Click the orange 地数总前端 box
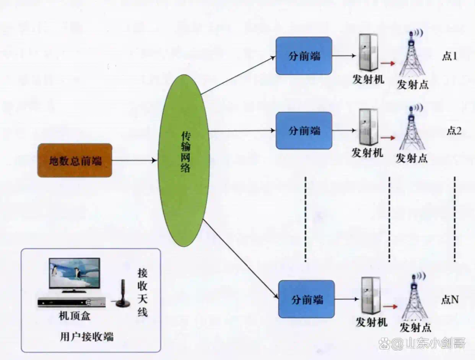(75, 160)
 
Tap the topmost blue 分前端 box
(304, 56)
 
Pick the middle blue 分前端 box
(304, 130)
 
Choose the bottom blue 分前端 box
(307, 298)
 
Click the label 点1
(449, 57)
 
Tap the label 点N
(450, 300)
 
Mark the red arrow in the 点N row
(389, 305)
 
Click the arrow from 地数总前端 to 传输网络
(134, 160)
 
